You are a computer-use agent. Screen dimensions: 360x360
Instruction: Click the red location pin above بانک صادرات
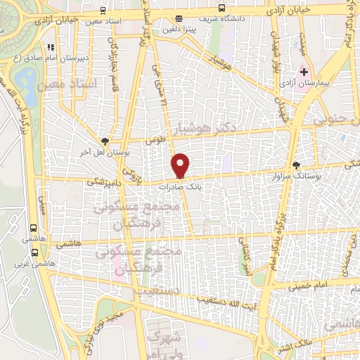tap(180, 165)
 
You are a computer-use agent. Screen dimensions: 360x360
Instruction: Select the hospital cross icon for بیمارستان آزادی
tap(304, 72)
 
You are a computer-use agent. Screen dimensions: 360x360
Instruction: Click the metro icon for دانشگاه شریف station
tap(222, 8)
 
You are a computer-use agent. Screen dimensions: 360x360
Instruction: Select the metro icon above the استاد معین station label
tap(103, 11)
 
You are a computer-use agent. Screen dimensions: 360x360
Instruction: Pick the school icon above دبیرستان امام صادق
tap(50, 48)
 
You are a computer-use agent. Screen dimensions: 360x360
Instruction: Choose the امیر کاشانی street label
tap(246, 259)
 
